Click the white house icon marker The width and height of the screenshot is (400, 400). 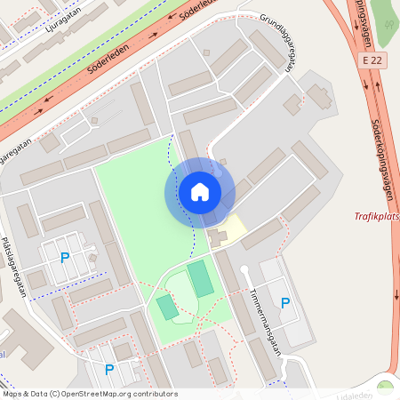pyautogui.click(x=200, y=192)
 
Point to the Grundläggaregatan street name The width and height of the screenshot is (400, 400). pyautogui.click(x=277, y=40)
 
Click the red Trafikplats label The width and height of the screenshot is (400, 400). pyautogui.click(x=376, y=215)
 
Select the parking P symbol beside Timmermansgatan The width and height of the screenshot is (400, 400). pyautogui.click(x=284, y=303)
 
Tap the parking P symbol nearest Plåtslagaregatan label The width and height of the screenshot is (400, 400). pyautogui.click(x=64, y=258)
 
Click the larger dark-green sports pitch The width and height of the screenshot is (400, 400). pyautogui.click(x=201, y=278)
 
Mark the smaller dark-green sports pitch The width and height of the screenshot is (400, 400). pyautogui.click(x=167, y=308)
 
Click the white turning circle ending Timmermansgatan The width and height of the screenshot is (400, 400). pyautogui.click(x=244, y=269)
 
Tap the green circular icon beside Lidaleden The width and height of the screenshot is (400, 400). pyautogui.click(x=385, y=388)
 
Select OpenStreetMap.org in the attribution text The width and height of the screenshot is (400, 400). pyautogui.click(x=91, y=393)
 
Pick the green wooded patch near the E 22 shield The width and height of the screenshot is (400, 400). pyautogui.click(x=384, y=22)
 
